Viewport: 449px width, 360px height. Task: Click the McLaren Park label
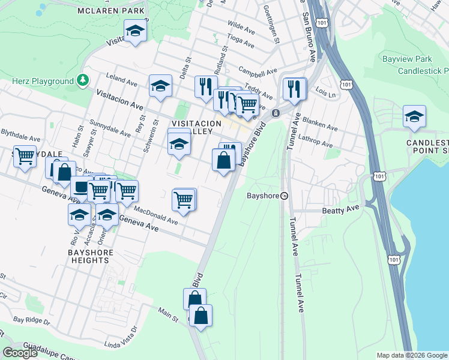[111, 11]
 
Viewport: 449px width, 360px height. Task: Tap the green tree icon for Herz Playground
[82, 80]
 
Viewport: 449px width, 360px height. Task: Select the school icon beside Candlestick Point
[414, 116]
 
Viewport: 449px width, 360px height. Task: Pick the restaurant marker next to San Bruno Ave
[294, 89]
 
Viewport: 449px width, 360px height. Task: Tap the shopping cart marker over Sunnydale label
[25, 157]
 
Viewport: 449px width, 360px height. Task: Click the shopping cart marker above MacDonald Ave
[184, 199]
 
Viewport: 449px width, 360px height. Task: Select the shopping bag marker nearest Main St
[201, 315]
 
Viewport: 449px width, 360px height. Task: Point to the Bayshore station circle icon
[285, 196]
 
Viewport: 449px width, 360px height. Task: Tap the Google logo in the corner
[20, 353]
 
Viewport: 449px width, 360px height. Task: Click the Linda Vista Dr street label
[121, 337]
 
